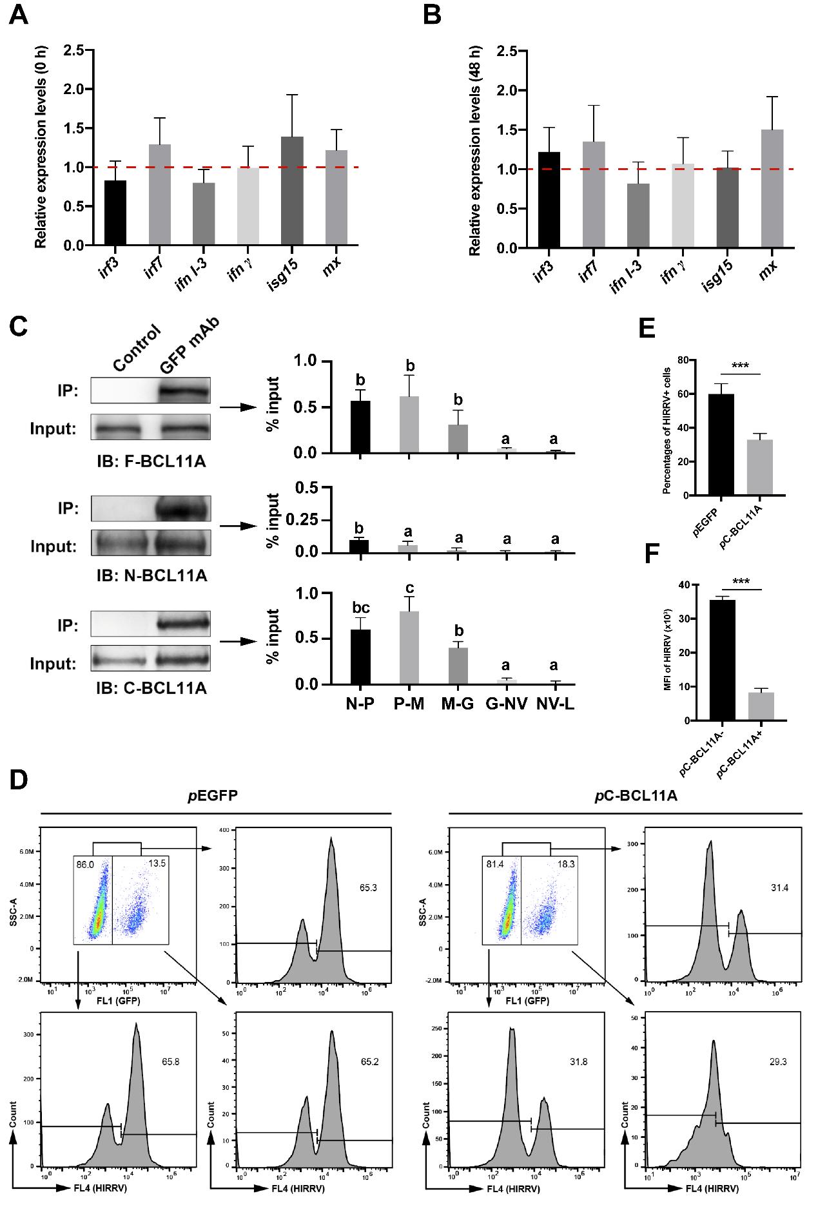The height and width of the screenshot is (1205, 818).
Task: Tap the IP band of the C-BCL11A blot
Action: [184, 623]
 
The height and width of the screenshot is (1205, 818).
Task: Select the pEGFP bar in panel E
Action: [721, 445]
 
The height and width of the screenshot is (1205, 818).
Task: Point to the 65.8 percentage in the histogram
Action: [170, 1059]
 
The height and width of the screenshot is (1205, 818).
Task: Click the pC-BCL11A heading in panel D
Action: [625, 795]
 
